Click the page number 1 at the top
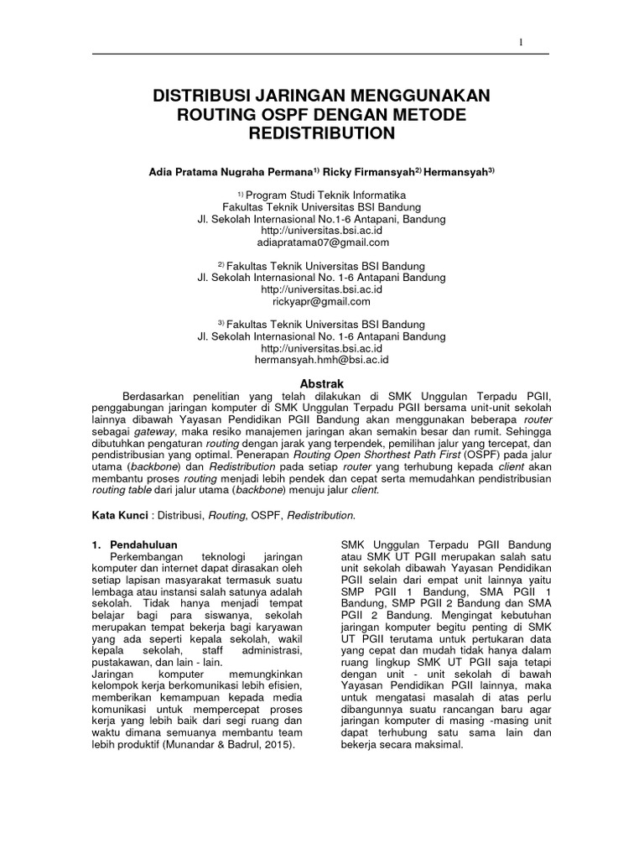522,43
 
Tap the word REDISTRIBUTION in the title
321,133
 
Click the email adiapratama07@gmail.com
322,243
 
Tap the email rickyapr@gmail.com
321,301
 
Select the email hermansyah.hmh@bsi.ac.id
321,359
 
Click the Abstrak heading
322,382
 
